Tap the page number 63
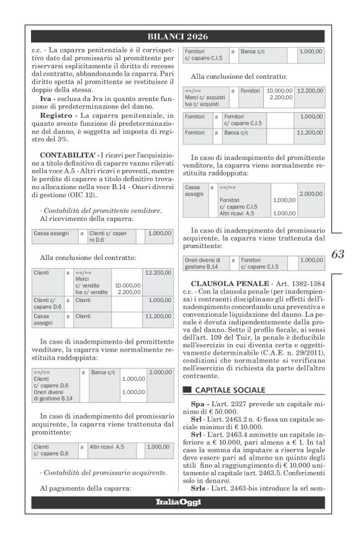point(338,254)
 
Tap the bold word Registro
point(58,115)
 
